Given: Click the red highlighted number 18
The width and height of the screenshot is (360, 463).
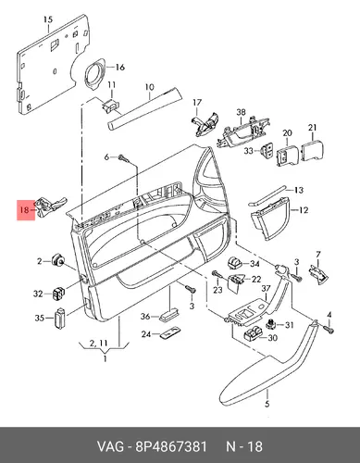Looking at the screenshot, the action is point(24,210).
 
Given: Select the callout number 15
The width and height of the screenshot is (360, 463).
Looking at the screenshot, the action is point(48,19).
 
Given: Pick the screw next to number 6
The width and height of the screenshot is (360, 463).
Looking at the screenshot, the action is point(123,158).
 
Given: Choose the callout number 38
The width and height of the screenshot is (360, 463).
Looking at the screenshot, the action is point(241,112).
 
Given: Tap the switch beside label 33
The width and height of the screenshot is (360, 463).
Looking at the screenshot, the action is point(267,150).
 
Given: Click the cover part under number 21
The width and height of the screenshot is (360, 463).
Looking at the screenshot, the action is point(312,151).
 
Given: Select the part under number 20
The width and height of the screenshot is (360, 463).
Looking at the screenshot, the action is point(288,156).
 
